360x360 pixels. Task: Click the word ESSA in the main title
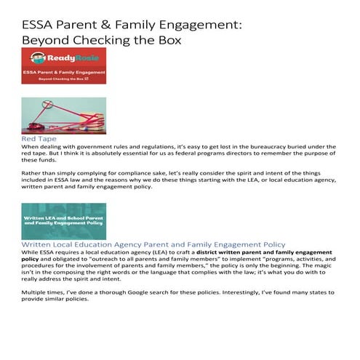(38, 25)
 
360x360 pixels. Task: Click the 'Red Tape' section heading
(39, 137)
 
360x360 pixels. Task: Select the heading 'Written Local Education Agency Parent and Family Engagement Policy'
(153, 244)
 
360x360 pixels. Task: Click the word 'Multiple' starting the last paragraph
(35, 292)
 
